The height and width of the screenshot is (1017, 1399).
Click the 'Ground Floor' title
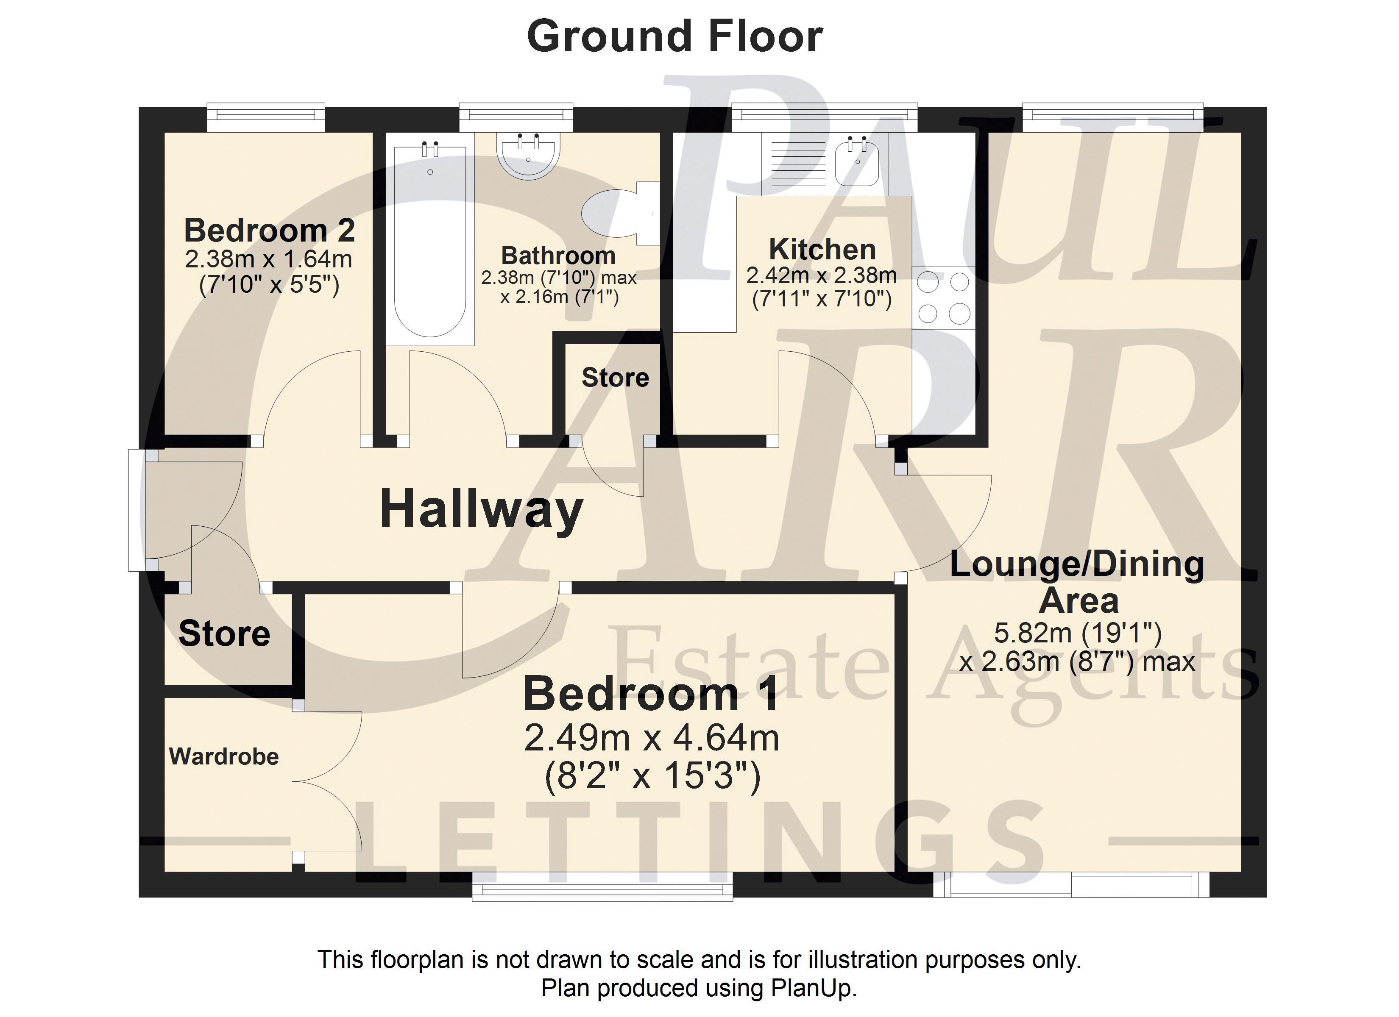click(x=675, y=36)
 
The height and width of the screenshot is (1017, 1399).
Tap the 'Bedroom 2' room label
click(x=270, y=231)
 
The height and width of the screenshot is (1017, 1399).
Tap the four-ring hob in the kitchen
click(x=944, y=298)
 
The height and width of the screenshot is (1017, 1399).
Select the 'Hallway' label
click(x=481, y=510)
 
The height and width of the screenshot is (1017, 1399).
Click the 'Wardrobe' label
click(x=224, y=757)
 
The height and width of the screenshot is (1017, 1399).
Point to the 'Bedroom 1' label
click(x=651, y=695)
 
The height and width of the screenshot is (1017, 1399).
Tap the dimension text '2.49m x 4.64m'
click(x=652, y=738)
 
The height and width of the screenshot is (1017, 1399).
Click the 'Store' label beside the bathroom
click(x=615, y=378)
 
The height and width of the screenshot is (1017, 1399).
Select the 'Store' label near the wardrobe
click(x=225, y=634)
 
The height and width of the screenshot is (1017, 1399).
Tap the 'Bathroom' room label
click(x=558, y=256)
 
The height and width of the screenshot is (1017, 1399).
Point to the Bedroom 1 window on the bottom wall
click(x=603, y=886)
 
